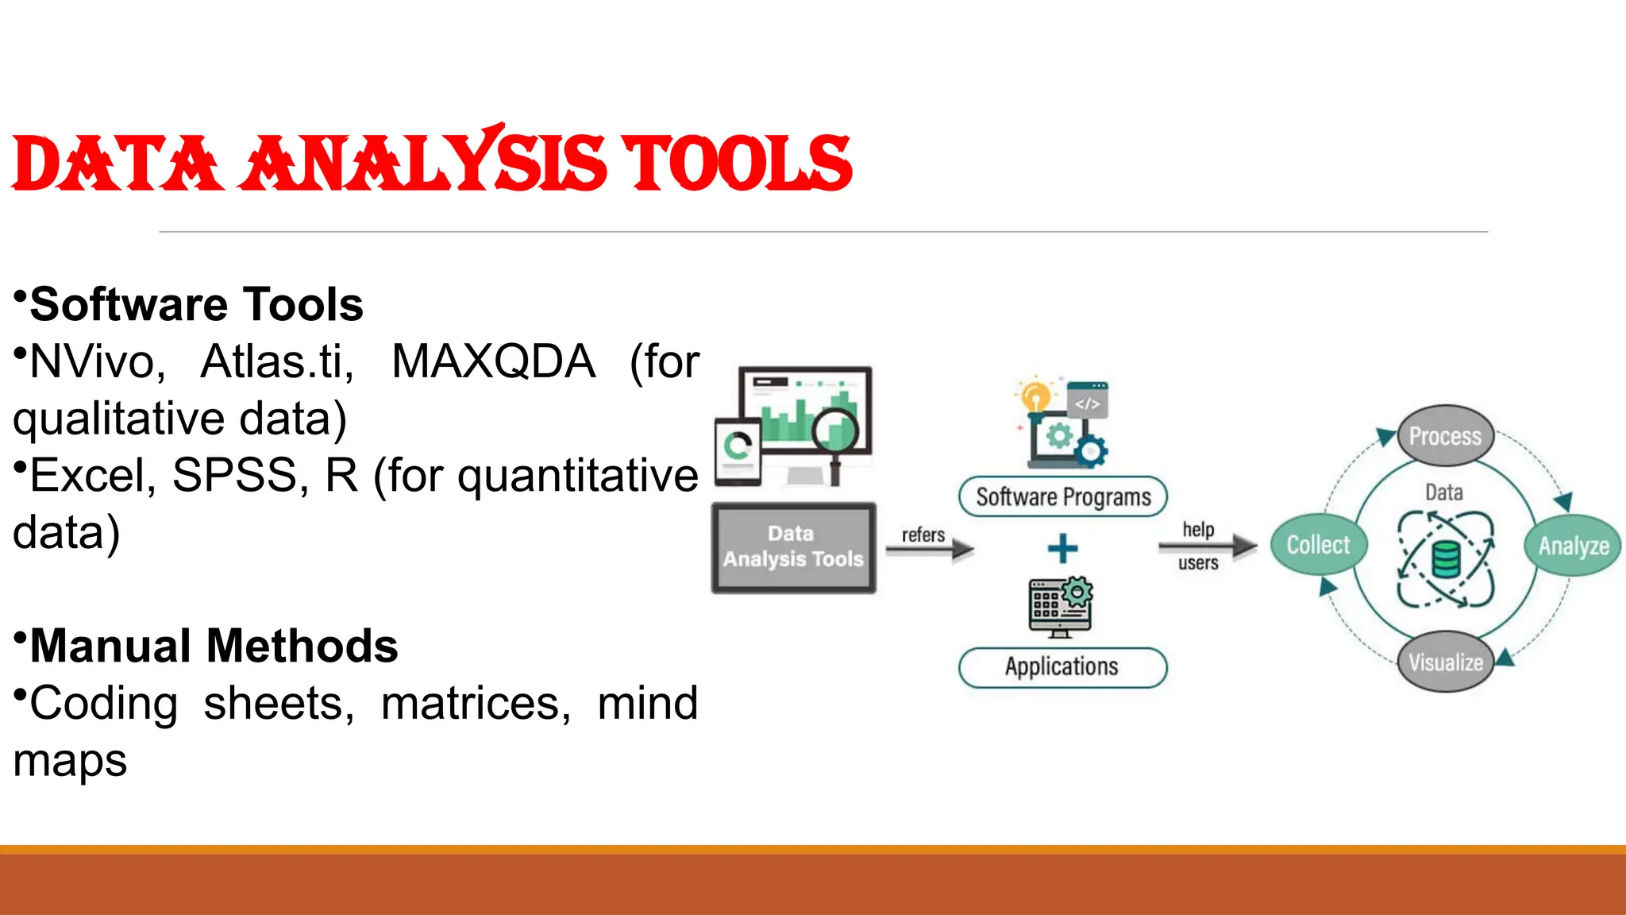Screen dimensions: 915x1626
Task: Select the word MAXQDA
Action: (x=493, y=362)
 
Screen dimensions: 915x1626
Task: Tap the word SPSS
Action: (x=234, y=476)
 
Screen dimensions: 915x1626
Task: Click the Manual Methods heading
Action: (x=213, y=646)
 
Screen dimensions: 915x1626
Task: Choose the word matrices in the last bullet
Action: (x=475, y=704)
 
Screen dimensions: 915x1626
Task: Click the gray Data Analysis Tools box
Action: (x=793, y=547)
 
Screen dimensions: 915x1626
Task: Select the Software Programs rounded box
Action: (x=1062, y=497)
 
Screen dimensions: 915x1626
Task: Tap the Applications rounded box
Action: (x=1062, y=666)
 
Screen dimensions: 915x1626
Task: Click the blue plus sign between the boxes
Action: (x=1062, y=548)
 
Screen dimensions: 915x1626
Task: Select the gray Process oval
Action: (x=1444, y=436)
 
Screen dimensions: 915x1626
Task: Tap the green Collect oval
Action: (x=1318, y=545)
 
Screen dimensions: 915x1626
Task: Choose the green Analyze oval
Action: (x=1573, y=546)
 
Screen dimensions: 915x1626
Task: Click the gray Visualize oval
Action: (x=1445, y=662)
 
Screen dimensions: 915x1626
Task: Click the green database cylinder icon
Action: (x=1446, y=559)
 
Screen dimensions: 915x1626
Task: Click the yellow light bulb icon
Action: (x=1035, y=396)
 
